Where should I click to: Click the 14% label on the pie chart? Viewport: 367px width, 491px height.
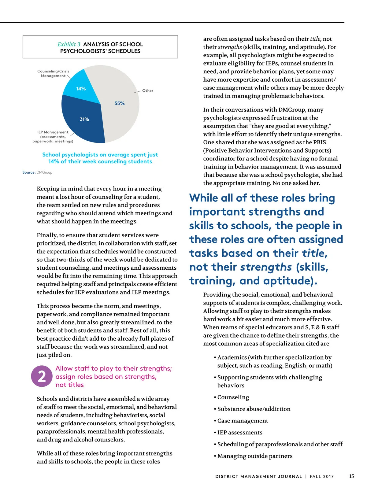(x=81, y=89)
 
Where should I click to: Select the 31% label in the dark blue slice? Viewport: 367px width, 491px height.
(x=84, y=119)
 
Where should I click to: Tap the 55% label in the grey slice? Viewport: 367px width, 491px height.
(x=120, y=103)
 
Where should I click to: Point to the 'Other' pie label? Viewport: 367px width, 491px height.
(x=148, y=91)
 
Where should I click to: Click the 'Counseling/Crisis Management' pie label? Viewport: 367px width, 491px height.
(x=53, y=73)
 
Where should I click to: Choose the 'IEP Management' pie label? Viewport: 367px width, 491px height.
(x=53, y=137)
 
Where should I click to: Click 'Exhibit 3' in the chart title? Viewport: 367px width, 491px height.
(x=69, y=44)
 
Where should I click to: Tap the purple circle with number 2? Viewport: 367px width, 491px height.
(x=42, y=376)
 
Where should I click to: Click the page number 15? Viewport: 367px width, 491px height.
(x=351, y=476)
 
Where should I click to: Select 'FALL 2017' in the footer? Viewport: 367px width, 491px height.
(x=322, y=476)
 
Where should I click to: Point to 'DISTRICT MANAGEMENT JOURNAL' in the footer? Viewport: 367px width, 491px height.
(x=258, y=476)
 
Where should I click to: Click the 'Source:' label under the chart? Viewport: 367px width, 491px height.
(x=29, y=172)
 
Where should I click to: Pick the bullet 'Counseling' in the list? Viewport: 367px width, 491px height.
(x=233, y=397)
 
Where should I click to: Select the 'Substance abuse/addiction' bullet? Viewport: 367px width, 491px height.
(x=254, y=409)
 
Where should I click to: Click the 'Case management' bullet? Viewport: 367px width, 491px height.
(x=243, y=421)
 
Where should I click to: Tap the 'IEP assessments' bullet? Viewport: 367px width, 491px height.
(x=240, y=432)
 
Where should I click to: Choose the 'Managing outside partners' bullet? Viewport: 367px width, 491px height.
(x=255, y=456)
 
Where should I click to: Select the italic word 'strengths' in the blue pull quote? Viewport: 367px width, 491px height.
(x=266, y=267)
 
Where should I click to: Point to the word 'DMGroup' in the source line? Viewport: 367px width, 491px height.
(x=44, y=172)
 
